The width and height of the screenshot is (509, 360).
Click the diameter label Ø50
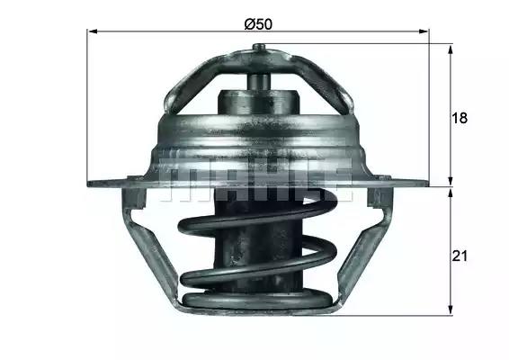click(258, 23)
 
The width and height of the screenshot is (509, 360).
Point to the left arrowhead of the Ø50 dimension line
click(91, 31)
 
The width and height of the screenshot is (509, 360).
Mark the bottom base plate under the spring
click(256, 307)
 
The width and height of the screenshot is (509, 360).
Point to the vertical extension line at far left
click(87, 108)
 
